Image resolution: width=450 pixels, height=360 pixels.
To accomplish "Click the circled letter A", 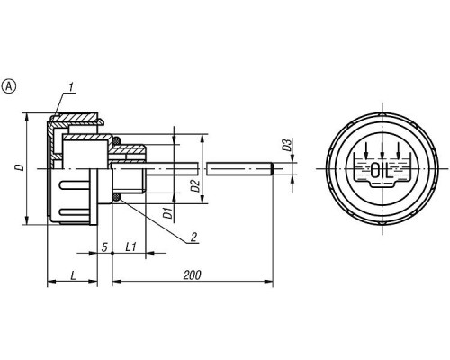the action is [9, 86].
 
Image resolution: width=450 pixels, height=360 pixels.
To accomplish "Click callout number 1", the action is [71, 87].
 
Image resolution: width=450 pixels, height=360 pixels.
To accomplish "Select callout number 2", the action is [193, 238].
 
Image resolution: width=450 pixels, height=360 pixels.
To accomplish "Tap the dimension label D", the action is [20, 167].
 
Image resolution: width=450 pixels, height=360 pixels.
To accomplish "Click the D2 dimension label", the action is [195, 185].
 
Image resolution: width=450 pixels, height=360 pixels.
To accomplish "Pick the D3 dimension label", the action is [287, 145].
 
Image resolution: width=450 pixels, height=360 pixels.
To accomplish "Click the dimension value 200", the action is [192, 274].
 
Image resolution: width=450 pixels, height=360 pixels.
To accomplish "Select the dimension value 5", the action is [104, 247].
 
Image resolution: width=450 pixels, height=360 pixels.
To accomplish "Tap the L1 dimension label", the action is [130, 247].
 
